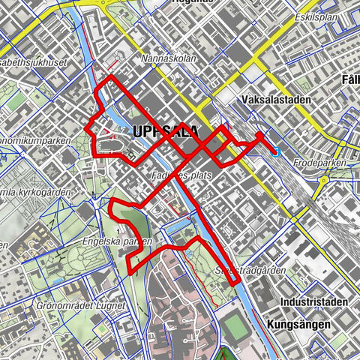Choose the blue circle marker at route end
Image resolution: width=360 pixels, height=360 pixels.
point(275,151)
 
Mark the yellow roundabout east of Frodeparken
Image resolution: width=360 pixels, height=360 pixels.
point(325,180)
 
